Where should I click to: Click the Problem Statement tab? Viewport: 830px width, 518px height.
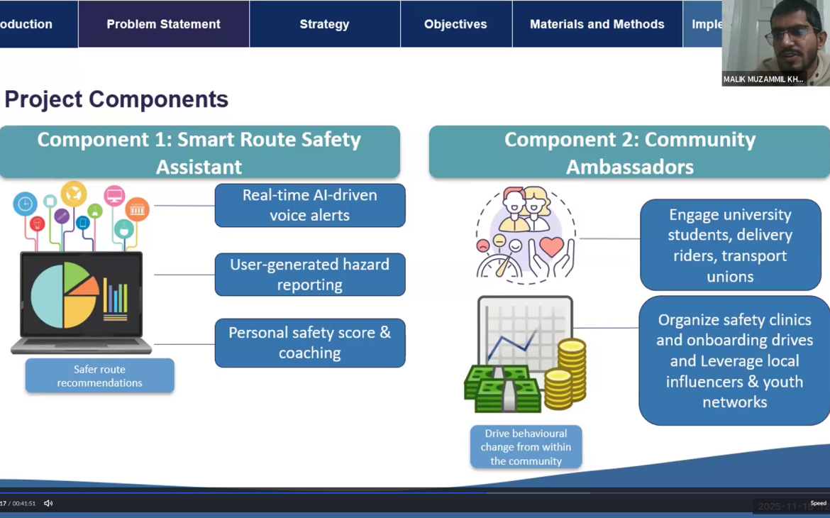click(163, 24)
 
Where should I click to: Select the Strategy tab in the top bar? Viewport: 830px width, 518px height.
click(324, 24)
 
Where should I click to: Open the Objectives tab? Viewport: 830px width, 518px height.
click(455, 24)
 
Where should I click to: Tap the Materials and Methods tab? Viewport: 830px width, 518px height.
click(597, 24)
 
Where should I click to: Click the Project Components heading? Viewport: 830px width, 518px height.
click(116, 99)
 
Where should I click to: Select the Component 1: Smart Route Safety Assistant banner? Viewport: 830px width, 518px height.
click(199, 153)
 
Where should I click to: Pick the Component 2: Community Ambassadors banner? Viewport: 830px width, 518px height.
click(629, 153)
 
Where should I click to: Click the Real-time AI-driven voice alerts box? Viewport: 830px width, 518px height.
click(310, 205)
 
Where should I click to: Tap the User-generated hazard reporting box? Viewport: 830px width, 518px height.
click(310, 275)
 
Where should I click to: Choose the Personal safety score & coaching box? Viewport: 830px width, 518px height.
click(310, 343)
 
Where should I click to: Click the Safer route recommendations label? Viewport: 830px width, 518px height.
click(99, 376)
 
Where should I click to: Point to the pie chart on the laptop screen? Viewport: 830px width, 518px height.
click(64, 295)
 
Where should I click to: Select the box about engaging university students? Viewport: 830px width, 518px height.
click(730, 245)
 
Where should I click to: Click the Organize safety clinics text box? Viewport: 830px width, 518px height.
click(734, 360)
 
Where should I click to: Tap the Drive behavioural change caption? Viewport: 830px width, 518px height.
click(526, 447)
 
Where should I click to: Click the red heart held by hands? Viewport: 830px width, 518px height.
click(551, 247)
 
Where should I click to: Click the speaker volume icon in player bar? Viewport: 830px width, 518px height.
click(48, 503)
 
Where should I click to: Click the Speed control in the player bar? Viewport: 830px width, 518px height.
click(818, 503)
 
